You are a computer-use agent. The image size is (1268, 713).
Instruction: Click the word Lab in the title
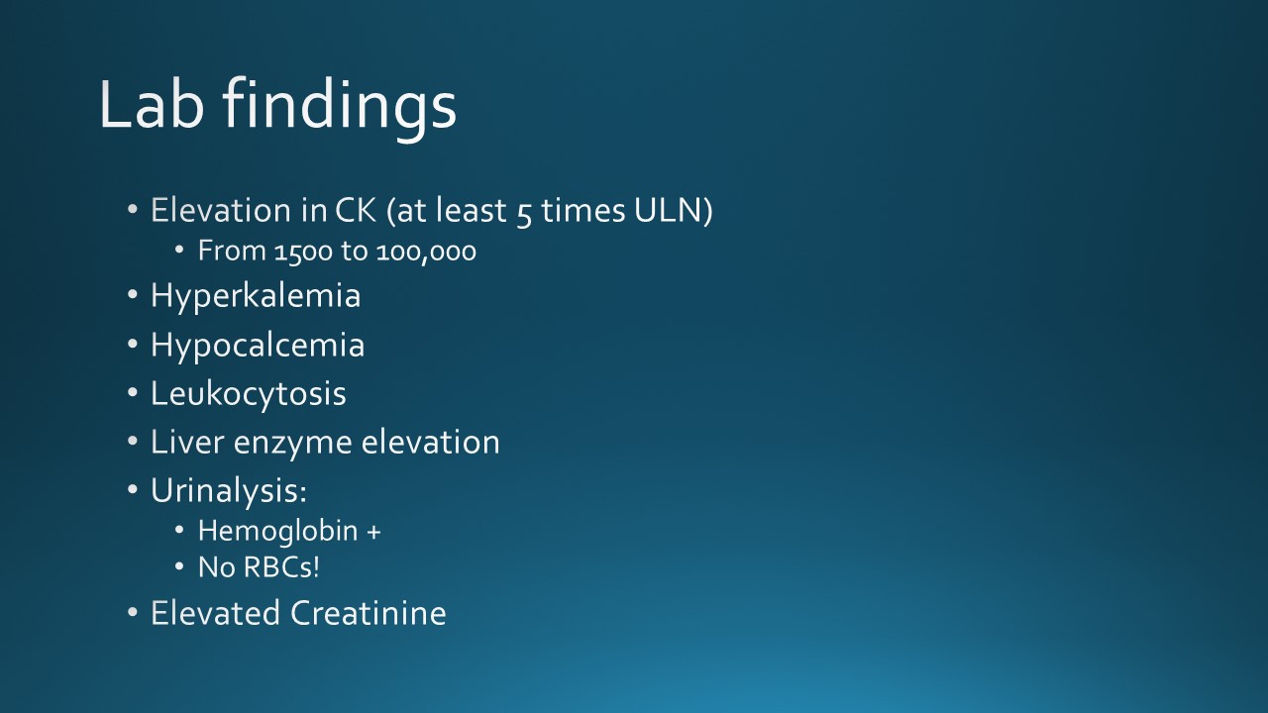pyautogui.click(x=152, y=104)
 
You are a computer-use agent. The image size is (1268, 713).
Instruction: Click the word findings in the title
pyautogui.click(x=340, y=109)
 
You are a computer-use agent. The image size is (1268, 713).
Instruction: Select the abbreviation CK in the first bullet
pyautogui.click(x=356, y=210)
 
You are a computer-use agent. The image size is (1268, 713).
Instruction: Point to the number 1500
pyautogui.click(x=303, y=252)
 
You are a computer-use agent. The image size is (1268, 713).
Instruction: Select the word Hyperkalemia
pyautogui.click(x=256, y=296)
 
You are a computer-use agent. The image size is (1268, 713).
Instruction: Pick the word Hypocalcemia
pyautogui.click(x=258, y=346)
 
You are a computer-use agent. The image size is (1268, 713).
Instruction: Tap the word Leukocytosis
pyautogui.click(x=249, y=394)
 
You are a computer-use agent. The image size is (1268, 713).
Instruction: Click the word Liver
pyautogui.click(x=187, y=442)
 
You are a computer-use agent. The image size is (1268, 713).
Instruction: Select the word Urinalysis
pyautogui.click(x=229, y=490)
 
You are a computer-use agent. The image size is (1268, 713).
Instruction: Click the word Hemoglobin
pyautogui.click(x=278, y=532)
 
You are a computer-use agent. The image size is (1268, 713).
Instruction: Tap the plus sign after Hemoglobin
pyautogui.click(x=373, y=533)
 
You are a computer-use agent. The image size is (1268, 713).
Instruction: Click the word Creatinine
pyautogui.click(x=369, y=613)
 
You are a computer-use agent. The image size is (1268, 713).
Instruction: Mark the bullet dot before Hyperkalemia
pyautogui.click(x=133, y=295)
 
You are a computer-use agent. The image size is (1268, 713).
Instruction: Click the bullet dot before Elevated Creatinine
pyautogui.click(x=133, y=612)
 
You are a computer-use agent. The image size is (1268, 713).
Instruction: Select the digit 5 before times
pyautogui.click(x=524, y=214)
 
